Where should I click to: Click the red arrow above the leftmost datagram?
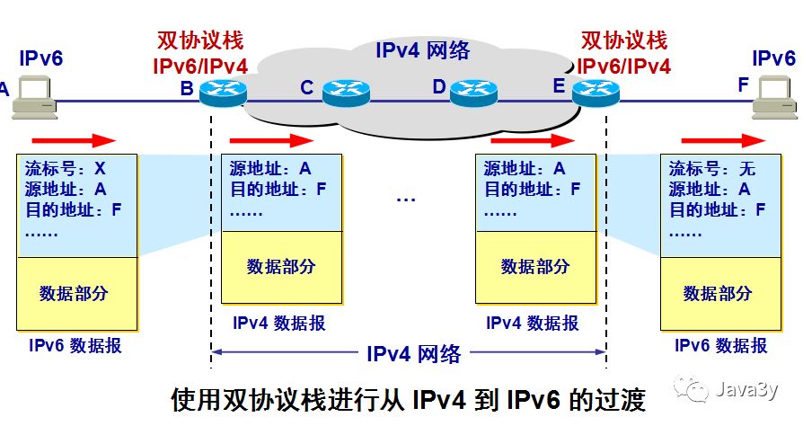74,140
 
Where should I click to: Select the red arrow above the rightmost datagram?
723,140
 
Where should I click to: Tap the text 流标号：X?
66,169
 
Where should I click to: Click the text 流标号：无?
712,169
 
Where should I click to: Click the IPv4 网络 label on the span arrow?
413,354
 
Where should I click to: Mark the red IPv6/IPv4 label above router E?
624,65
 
